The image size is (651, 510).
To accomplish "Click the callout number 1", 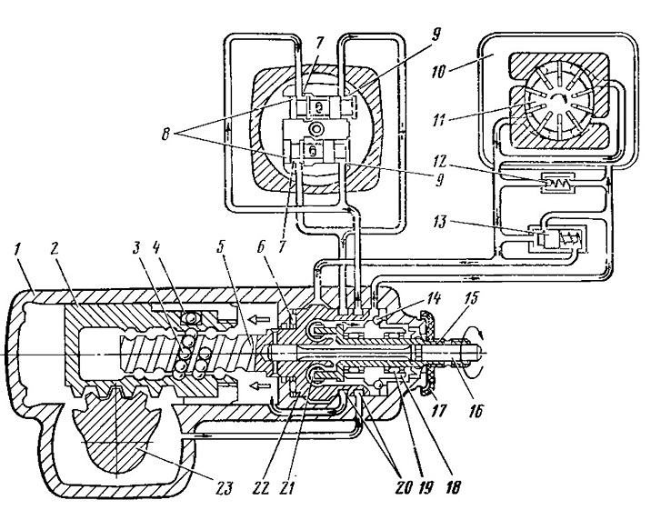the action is click(17, 250).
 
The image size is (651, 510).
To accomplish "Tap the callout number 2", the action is click(55, 249).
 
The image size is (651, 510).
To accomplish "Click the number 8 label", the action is click(166, 135).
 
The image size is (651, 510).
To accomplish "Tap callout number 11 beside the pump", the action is click(439, 121).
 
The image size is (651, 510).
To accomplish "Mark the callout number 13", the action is click(437, 222).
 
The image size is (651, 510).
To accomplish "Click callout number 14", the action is click(432, 298).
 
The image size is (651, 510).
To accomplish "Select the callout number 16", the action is click(476, 411).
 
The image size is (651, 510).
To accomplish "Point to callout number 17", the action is click(439, 411).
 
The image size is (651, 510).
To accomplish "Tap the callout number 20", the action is click(405, 486).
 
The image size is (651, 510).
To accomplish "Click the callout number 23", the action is click(224, 487).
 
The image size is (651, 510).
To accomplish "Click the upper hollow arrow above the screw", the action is click(257, 319).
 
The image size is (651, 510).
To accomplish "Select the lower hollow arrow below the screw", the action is click(257, 386).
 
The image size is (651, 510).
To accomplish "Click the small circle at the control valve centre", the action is click(317, 129).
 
